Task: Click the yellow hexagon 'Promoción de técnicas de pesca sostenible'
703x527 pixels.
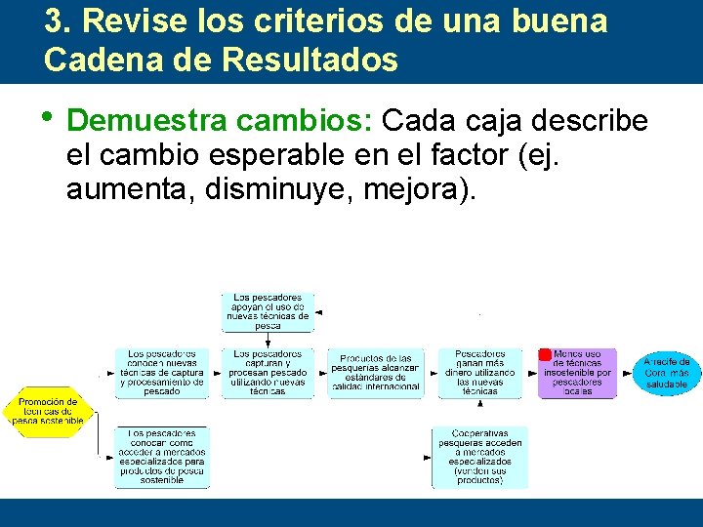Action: pyautogui.click(x=49, y=412)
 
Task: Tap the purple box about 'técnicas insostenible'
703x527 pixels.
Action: pyautogui.click(x=577, y=373)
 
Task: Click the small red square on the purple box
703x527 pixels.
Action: pyautogui.click(x=545, y=354)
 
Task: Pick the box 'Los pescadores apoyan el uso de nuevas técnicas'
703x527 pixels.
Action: pyautogui.click(x=268, y=310)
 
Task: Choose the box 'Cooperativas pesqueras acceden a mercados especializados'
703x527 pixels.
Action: pyautogui.click(x=479, y=457)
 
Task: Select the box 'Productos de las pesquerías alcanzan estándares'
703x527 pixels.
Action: pyautogui.click(x=376, y=373)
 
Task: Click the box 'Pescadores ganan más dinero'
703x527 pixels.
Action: pyautogui.click(x=479, y=372)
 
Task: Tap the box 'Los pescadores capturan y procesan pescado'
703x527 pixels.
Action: pyautogui.click(x=268, y=372)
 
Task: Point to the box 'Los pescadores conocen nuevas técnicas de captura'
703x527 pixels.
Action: pyautogui.click(x=161, y=372)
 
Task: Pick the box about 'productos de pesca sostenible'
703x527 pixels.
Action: pyautogui.click(x=161, y=457)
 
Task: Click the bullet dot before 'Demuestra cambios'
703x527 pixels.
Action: pyautogui.click(x=50, y=118)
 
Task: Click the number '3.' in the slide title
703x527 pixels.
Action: pyautogui.click(x=59, y=21)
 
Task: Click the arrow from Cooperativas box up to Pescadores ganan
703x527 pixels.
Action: pyautogui.click(x=479, y=412)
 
